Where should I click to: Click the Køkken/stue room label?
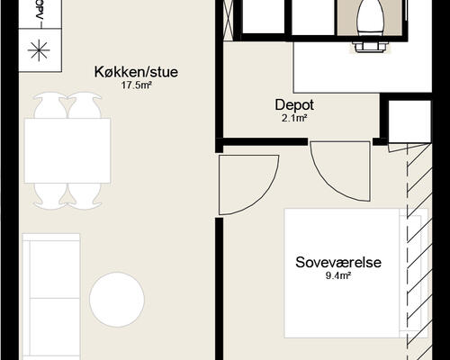pyautogui.click(x=136, y=72)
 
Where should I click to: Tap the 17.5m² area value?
pyautogui.click(x=136, y=85)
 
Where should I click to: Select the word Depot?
pyautogui.click(x=294, y=105)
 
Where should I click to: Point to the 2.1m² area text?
pyautogui.click(x=294, y=119)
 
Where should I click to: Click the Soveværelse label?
pyautogui.click(x=338, y=262)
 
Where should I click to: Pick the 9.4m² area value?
pyautogui.click(x=338, y=275)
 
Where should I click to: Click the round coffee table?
pyautogui.click(x=117, y=300)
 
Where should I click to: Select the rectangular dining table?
pyautogui.click(x=67, y=150)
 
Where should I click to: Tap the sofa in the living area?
pyautogui.click(x=51, y=297)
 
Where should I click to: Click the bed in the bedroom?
pyautogui.click(x=355, y=273)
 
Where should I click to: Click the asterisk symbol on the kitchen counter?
pyautogui.click(x=39, y=50)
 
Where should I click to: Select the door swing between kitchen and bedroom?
pyautogui.click(x=248, y=184)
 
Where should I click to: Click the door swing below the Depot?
pyautogui.click(x=340, y=171)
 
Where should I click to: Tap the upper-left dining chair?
pyautogui.click(x=50, y=105)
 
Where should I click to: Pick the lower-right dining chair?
pyautogui.click(x=85, y=196)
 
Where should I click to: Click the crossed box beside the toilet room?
pyautogui.click(x=229, y=20)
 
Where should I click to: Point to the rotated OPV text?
pyautogui.click(x=39, y=10)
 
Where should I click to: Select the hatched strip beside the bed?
pyautogui.click(x=419, y=252)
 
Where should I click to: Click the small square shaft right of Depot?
pyautogui.click(x=409, y=121)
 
